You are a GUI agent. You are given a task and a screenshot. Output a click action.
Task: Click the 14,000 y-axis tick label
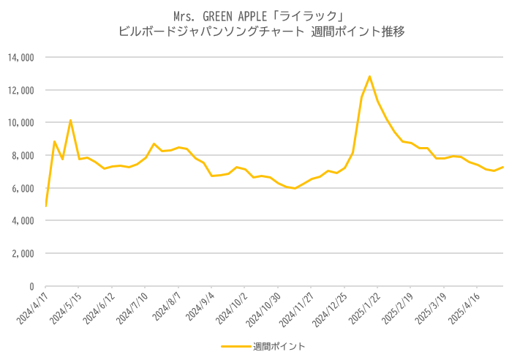tap(21, 58)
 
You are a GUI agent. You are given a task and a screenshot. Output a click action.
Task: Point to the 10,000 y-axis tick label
tap(21, 123)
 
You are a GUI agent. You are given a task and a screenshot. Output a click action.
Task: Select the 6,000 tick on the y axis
tap(23, 188)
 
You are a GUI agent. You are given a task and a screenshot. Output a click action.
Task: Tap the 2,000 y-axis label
tap(23, 253)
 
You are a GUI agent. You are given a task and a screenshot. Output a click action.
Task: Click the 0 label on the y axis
tap(32, 286)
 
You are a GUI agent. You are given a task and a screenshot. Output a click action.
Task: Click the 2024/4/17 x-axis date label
tap(33, 308)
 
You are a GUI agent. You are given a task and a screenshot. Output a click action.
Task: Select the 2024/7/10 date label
tap(132, 308)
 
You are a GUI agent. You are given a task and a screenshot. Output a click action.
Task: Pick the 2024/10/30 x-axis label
tap(264, 310)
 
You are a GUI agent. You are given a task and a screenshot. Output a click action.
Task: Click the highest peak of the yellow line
tap(369, 77)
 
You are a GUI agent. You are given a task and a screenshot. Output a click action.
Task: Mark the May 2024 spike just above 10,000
tap(70, 121)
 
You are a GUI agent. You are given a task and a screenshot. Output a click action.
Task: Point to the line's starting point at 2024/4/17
tap(45, 206)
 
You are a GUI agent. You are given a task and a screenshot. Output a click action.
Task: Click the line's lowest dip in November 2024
tap(295, 188)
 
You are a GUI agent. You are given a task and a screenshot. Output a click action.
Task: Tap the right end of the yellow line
tap(502, 167)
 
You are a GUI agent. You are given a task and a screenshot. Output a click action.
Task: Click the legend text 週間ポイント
tap(279, 346)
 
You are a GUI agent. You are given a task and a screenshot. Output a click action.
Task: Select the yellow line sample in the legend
tap(236, 346)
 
